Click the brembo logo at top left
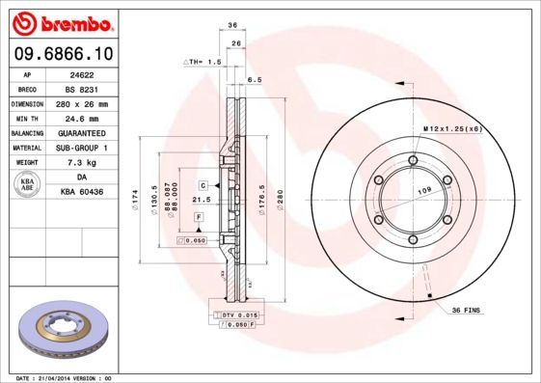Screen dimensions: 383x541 tap(61, 22)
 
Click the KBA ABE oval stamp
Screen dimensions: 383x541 tap(28, 185)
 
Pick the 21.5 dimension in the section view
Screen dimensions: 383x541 tap(202, 200)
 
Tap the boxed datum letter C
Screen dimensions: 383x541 tap(203, 184)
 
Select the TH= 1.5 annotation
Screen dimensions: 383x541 tap(203, 61)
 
